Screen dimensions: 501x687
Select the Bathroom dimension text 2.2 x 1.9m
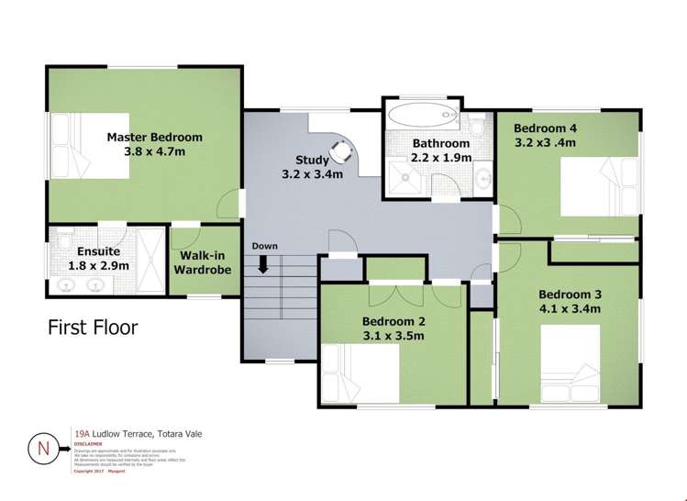pos(441,158)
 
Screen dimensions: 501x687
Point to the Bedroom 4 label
pos(546,128)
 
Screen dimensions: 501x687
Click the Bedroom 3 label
pos(569,295)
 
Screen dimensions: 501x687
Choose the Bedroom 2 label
pos(393,321)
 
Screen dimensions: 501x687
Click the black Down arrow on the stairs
pos(264,264)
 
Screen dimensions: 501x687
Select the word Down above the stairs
pos(264,246)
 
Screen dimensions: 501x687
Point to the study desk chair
pos(341,146)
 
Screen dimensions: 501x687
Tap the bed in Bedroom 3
pos(573,365)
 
